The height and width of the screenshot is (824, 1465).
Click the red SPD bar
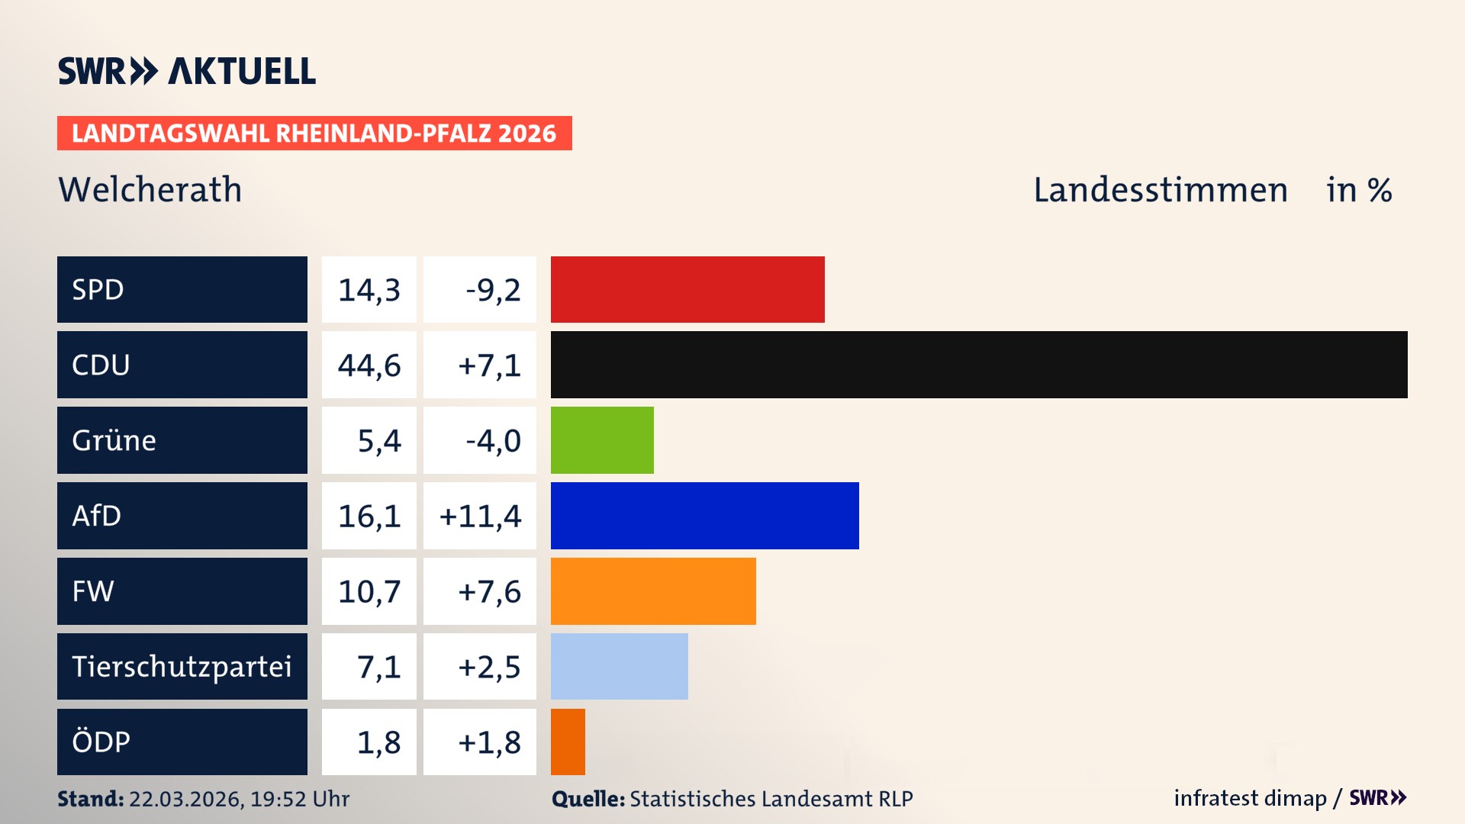click(687, 289)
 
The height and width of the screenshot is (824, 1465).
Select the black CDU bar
click(979, 365)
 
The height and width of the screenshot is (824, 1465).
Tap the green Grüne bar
click(602, 440)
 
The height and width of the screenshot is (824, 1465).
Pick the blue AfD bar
click(704, 516)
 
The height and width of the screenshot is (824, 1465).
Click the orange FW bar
click(653, 591)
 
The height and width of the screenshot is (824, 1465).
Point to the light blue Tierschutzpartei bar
click(619, 666)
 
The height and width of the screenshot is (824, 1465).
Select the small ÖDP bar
click(568, 742)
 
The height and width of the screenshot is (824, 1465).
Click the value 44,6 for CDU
click(369, 365)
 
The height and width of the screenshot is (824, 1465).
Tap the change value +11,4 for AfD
click(480, 517)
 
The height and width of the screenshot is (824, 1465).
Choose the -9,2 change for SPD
click(493, 290)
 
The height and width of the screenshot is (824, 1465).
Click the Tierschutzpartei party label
click(182, 666)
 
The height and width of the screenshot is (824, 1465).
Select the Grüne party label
click(114, 440)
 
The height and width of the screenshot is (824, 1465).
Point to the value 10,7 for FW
click(369, 591)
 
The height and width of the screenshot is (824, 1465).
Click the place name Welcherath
click(150, 189)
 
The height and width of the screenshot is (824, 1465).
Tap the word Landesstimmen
click(1160, 190)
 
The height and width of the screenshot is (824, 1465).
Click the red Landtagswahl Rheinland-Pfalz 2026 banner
click(314, 133)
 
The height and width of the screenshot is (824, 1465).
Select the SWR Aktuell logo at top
click(187, 71)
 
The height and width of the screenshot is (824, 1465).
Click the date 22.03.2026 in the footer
click(185, 799)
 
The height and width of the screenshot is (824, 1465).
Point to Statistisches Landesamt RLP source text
click(771, 799)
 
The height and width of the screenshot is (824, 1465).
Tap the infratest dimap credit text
click(1250, 798)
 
